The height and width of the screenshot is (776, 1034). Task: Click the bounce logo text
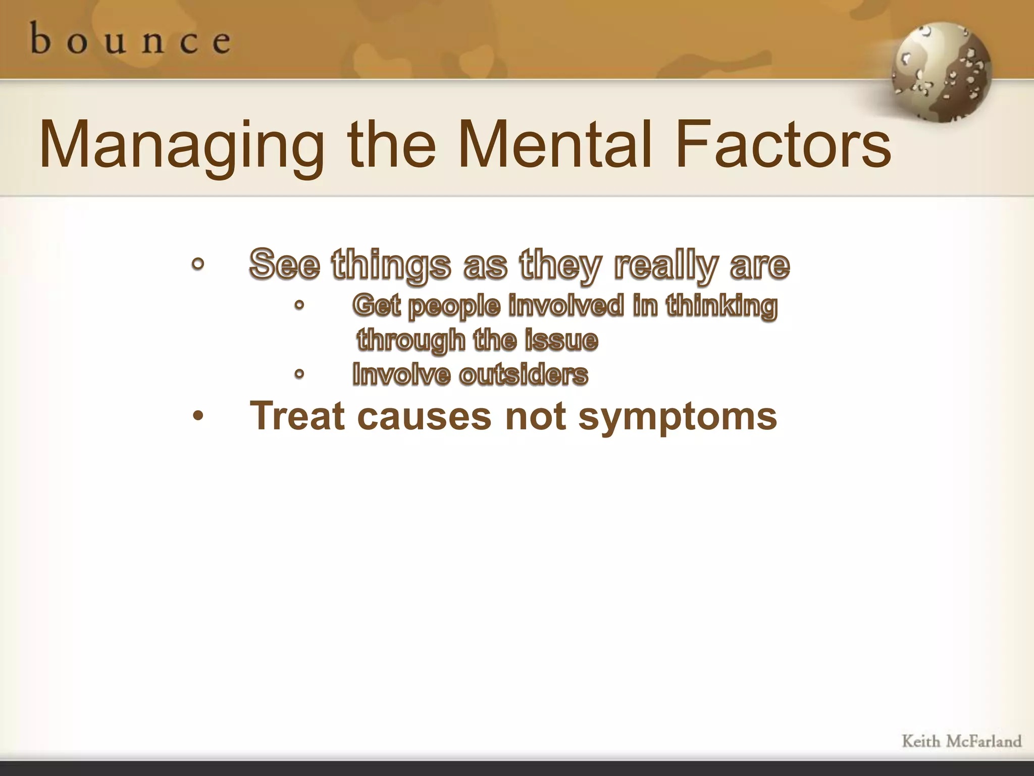[130, 39]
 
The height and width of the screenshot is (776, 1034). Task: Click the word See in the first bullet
[285, 264]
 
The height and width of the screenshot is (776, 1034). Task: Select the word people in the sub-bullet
[454, 307]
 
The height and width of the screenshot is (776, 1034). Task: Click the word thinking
[721, 307]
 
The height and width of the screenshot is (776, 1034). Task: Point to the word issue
[561, 340]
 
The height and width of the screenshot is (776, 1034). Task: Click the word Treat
[297, 416]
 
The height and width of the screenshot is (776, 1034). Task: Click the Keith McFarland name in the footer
[961, 741]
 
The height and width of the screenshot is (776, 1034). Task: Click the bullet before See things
[198, 264]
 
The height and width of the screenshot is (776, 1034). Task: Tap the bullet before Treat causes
[198, 416]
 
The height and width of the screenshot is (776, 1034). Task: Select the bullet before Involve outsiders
[299, 374]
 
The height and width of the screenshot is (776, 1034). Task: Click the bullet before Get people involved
[299, 306]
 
